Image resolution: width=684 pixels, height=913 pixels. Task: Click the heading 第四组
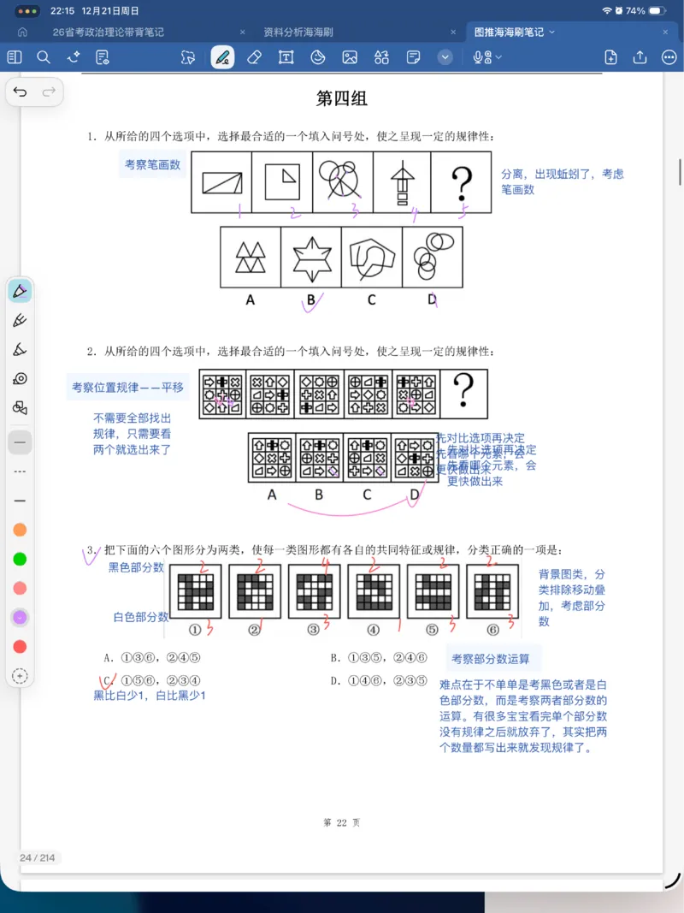point(342,98)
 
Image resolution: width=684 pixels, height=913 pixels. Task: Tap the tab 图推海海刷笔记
point(509,33)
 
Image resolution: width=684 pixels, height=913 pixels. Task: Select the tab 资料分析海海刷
point(298,33)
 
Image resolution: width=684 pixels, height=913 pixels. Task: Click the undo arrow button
point(21,92)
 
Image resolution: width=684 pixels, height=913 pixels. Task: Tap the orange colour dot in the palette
point(20,530)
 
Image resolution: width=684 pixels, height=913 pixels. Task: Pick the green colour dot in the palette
point(20,559)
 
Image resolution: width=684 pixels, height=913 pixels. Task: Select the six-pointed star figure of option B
point(311,258)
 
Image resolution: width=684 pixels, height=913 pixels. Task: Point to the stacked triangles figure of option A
point(251,258)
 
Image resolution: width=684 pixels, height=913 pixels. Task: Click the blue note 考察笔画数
point(153,164)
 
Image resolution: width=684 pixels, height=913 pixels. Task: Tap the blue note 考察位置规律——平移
point(127,388)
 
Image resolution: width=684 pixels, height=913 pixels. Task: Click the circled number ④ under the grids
point(373,630)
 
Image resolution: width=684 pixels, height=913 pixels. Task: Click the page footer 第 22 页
point(342,822)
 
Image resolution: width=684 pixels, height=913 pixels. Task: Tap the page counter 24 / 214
point(38,858)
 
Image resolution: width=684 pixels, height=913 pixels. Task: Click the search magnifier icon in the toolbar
point(44,57)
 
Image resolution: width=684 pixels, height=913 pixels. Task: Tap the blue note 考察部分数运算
point(491,658)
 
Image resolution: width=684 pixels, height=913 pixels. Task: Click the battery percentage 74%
point(635,11)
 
